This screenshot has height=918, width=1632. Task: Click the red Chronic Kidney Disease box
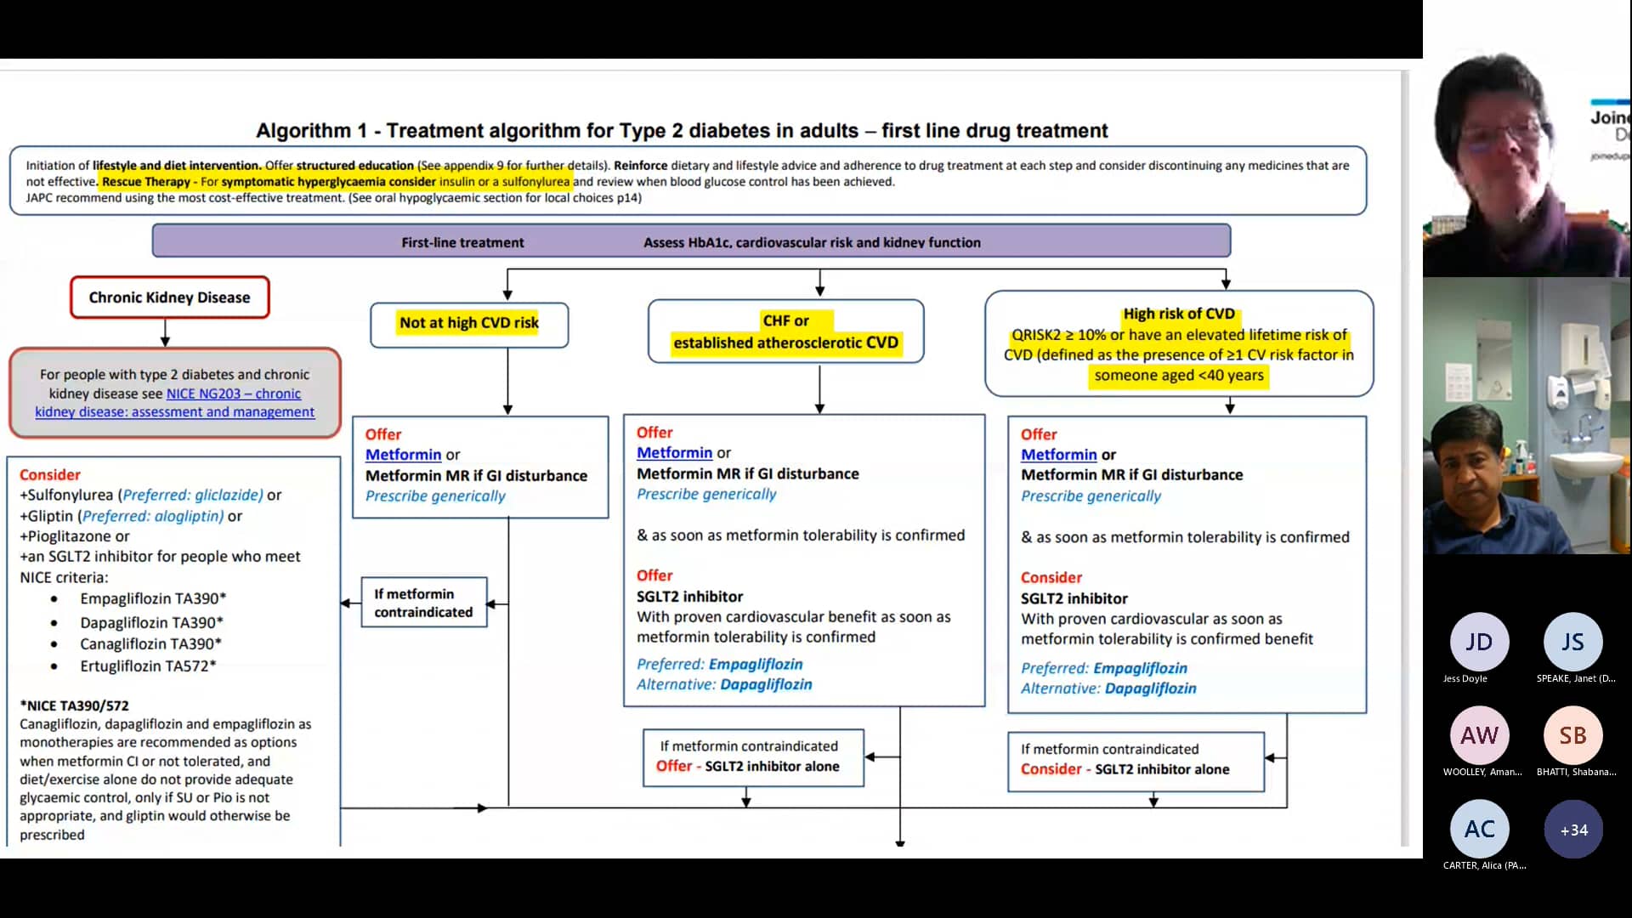(169, 297)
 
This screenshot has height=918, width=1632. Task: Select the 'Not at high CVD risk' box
(469, 323)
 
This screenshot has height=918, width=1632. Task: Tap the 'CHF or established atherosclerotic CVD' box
(785, 331)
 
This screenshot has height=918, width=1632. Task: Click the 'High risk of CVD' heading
(1178, 314)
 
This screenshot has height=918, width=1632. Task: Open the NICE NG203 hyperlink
(233, 394)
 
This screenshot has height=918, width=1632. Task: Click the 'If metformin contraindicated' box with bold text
(423, 603)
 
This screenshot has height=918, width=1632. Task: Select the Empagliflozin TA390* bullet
(153, 598)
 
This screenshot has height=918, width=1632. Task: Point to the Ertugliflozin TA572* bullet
(148, 666)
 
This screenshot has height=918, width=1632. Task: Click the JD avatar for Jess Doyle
(1479, 642)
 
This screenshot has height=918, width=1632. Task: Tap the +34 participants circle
(1573, 830)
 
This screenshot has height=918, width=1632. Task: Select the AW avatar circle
(1479, 735)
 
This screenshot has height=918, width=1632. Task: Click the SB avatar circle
(1572, 735)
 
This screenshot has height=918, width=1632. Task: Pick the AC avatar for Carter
(1479, 829)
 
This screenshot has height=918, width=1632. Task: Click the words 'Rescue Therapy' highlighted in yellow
(145, 181)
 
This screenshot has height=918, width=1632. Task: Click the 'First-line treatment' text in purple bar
(462, 242)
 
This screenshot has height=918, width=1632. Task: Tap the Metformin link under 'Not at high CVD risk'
(403, 455)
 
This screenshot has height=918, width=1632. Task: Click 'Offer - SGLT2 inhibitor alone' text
(747, 766)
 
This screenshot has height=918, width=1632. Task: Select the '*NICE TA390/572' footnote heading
(75, 705)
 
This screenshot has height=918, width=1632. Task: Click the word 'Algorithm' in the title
(303, 131)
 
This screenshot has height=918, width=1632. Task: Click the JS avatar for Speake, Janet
(1572, 642)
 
